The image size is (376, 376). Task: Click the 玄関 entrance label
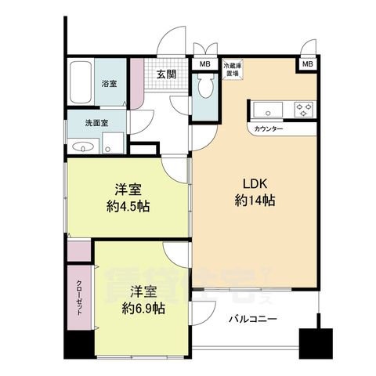pos(165,74)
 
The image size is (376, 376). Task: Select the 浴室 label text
pos(108,82)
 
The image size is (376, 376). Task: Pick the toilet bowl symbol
pos(205,89)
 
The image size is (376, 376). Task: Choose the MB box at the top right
pos(307,63)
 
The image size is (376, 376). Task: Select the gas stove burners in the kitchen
pos(304,108)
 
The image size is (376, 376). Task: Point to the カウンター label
pos(269,128)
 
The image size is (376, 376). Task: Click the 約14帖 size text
pos(255,201)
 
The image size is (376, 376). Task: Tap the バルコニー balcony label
pos(253,320)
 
